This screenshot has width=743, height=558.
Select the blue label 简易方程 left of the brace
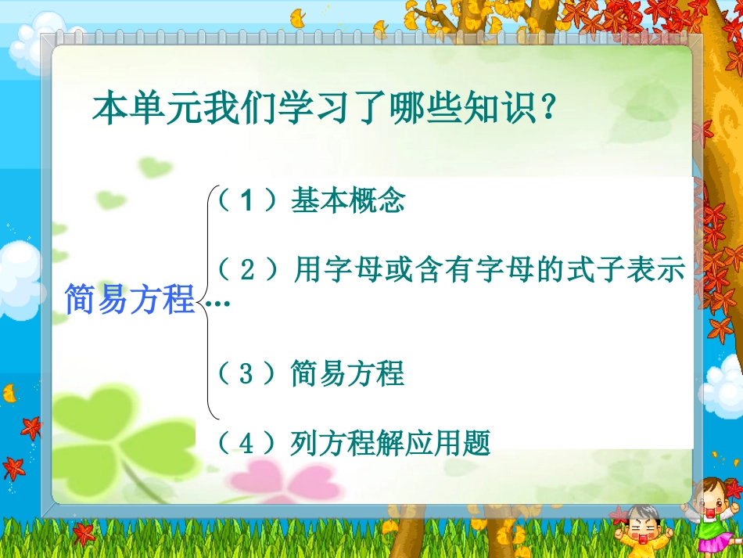[x=129, y=300]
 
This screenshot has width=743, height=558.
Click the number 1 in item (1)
[x=247, y=202]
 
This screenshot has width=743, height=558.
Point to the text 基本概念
[x=348, y=202]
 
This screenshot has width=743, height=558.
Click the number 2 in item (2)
[x=248, y=271]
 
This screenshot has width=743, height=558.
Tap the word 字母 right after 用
[x=350, y=271]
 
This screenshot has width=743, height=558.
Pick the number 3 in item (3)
[x=247, y=374]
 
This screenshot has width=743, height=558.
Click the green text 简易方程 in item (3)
[x=347, y=374]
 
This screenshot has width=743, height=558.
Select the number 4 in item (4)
[x=247, y=444]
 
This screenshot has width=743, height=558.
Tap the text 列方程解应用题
[x=390, y=444]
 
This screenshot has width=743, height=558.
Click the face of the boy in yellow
[x=644, y=526]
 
